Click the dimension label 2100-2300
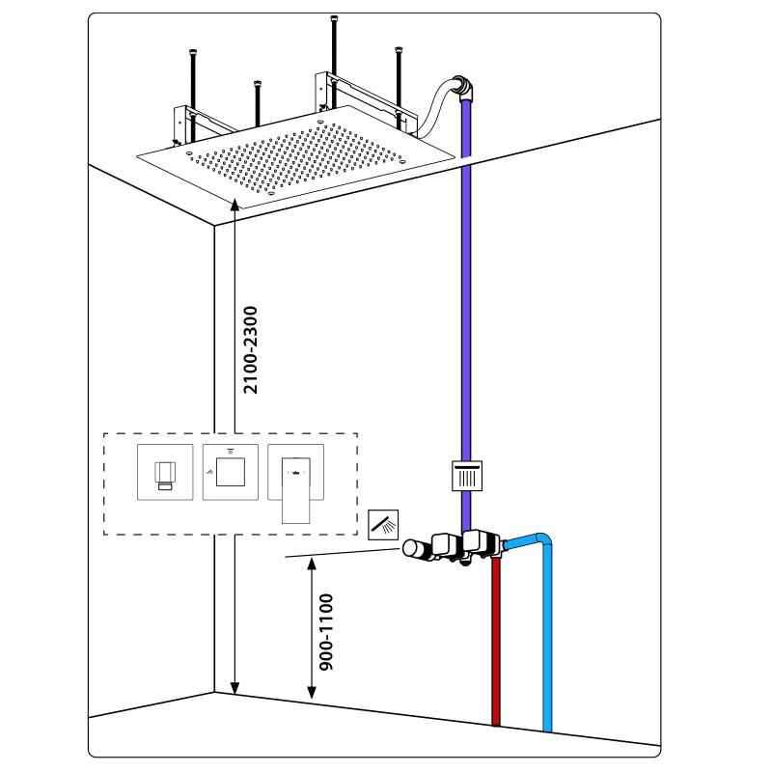[251, 349]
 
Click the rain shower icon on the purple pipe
[466, 476]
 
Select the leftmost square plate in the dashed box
[165, 473]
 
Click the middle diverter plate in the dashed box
[231, 472]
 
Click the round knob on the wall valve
[415, 550]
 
